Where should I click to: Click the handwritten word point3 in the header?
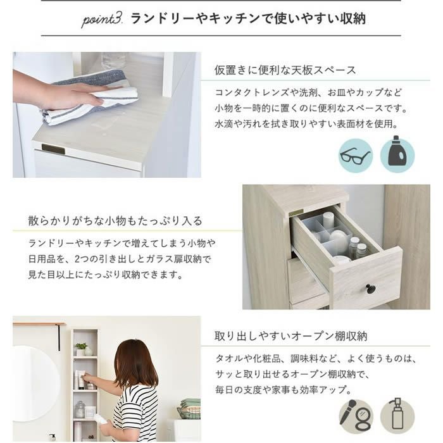coord(102,20)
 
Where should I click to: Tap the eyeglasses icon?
coord(356,156)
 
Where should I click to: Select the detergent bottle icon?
coord(397,153)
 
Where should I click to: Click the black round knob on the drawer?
coord(370,289)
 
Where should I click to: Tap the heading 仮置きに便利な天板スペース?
coord(285,70)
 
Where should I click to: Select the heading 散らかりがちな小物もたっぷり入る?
coord(115,221)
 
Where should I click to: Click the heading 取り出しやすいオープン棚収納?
coord(290,336)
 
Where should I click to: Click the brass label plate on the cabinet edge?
coord(53,149)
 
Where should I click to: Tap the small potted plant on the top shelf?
coord(81,349)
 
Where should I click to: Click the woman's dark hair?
coord(135,363)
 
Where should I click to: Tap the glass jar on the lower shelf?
coord(80,409)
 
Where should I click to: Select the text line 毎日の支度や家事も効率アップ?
coord(284,390)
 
